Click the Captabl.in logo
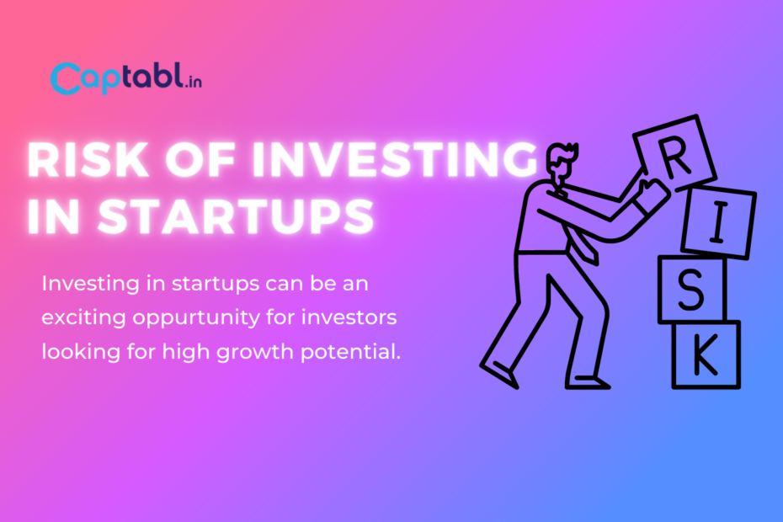pos(126,78)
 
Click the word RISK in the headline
pos(88,160)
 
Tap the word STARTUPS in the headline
pos(236,216)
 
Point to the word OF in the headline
pos(200,160)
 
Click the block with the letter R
pos(674,153)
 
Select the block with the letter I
pos(718,222)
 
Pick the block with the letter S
pos(691,290)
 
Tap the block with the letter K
pos(706,354)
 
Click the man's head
pos(562,162)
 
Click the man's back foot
pos(499,375)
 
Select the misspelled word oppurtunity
pos(196,317)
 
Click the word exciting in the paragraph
pos(83,317)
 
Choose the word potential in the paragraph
pos(350,352)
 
